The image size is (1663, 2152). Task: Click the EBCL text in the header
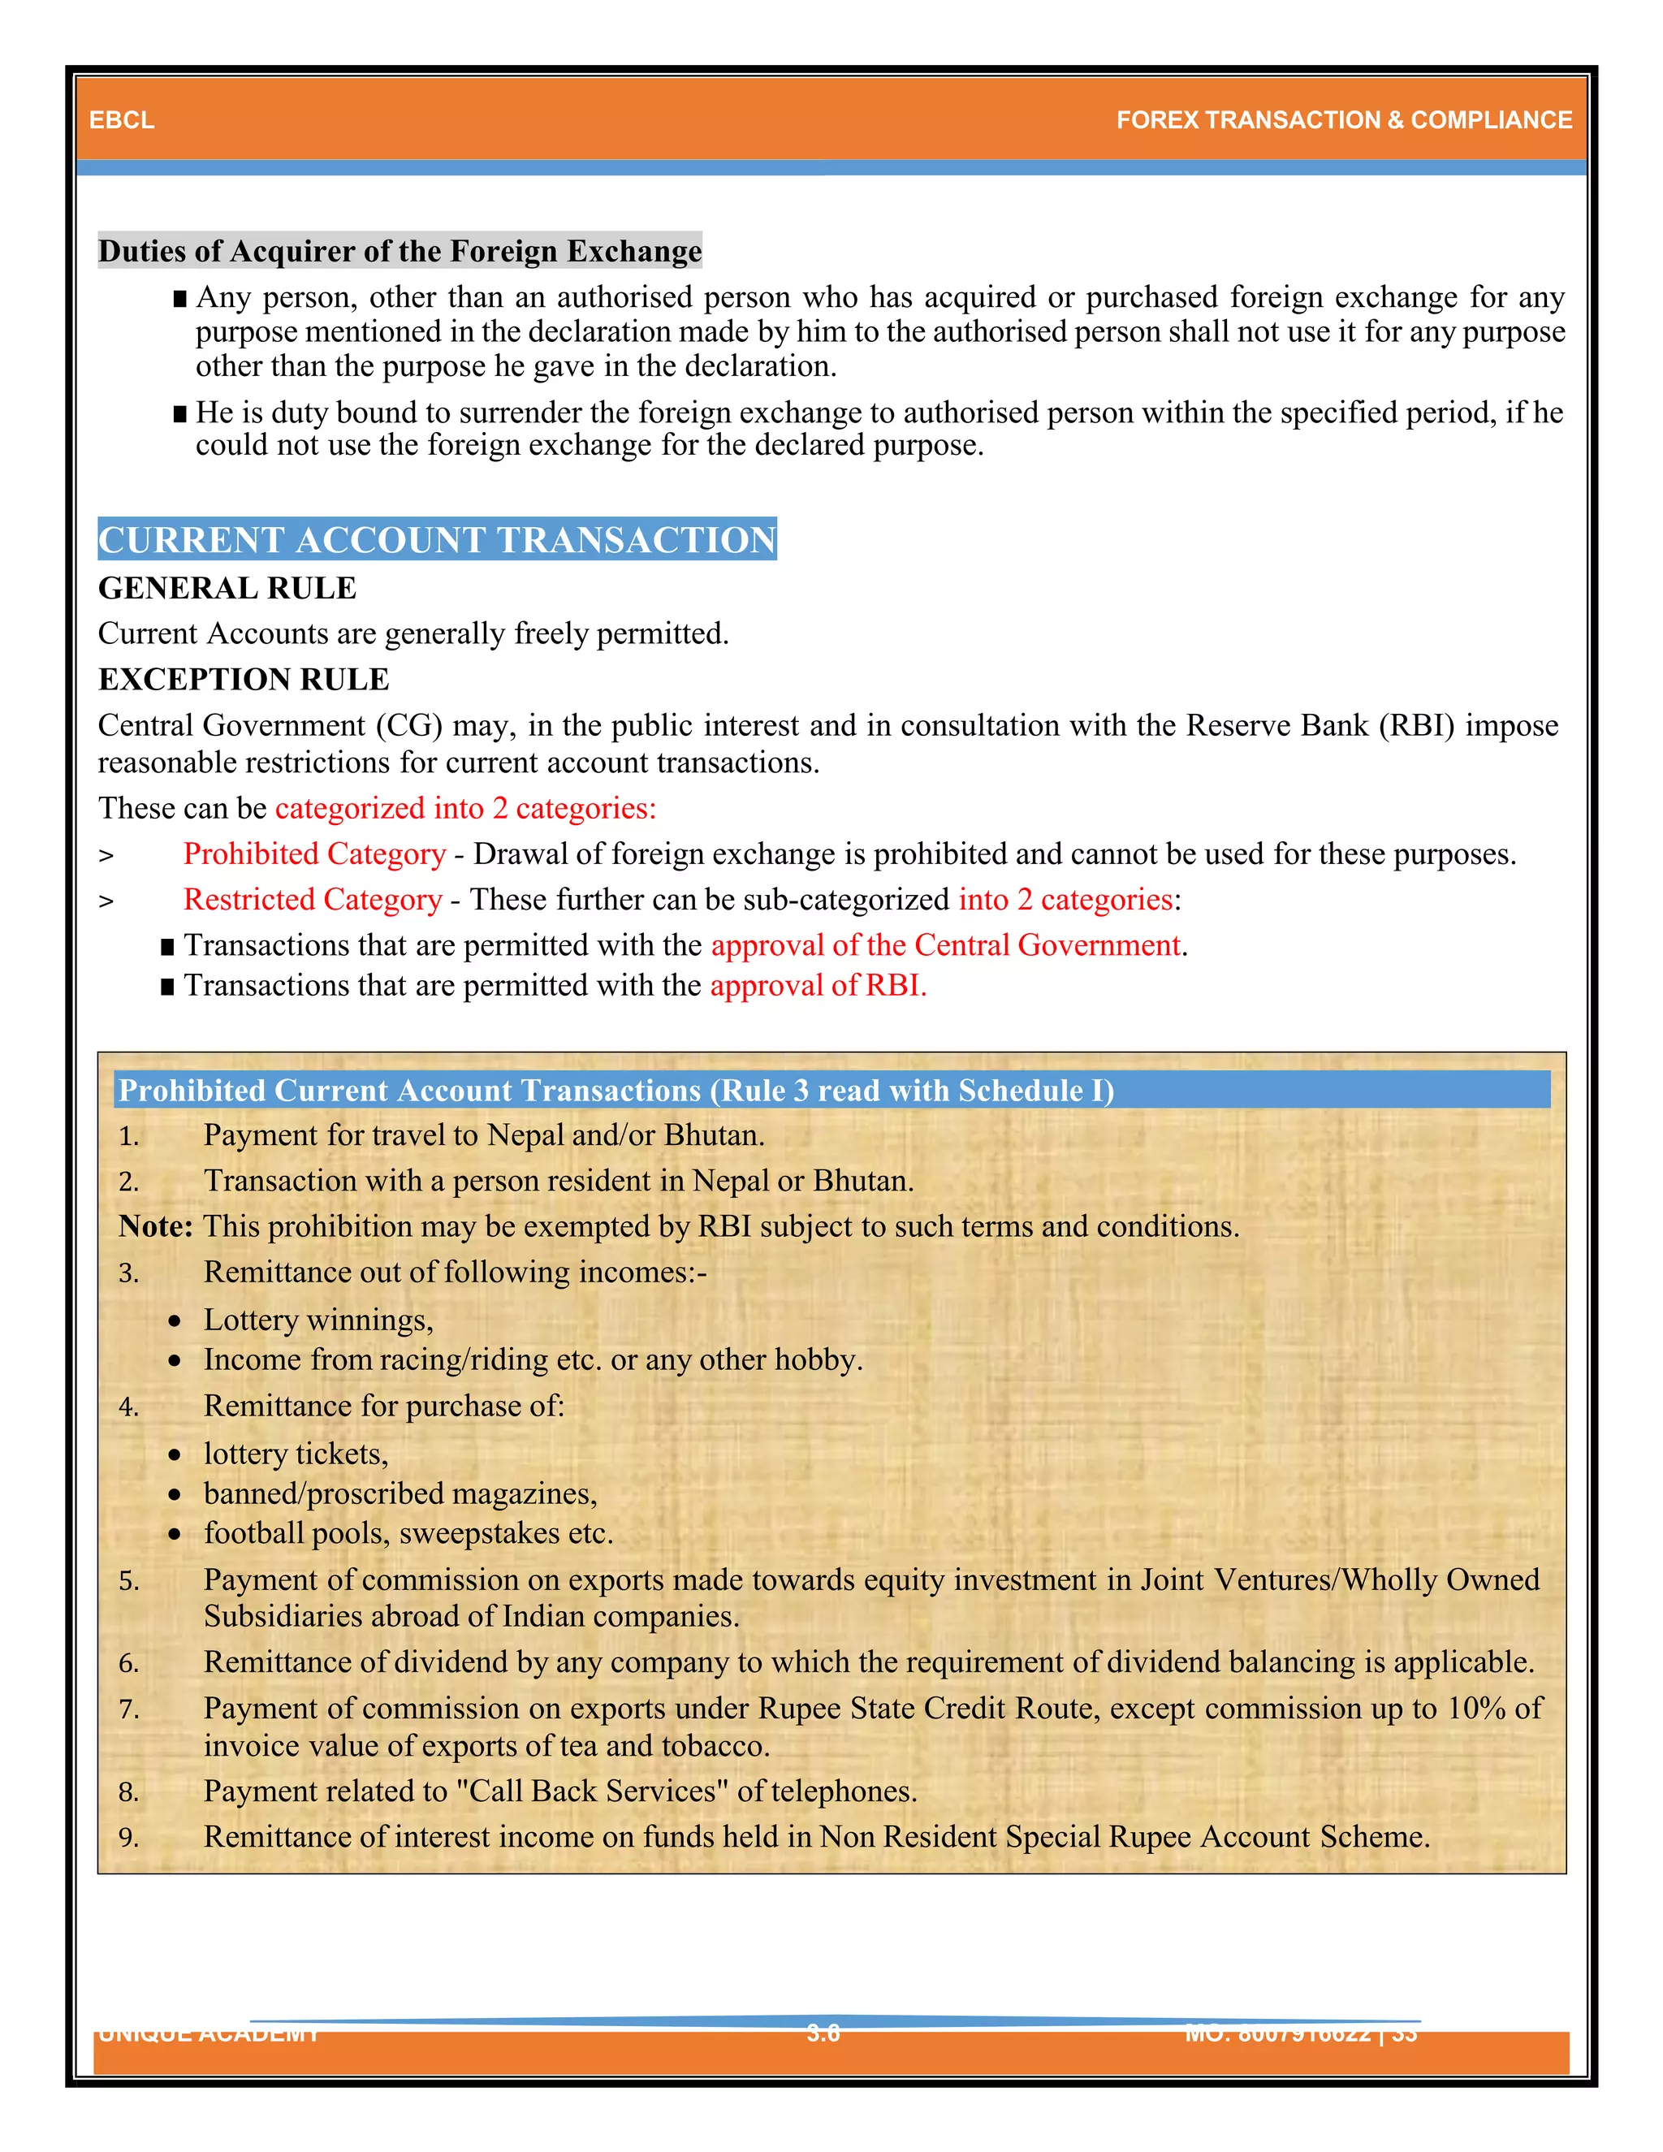coord(121,120)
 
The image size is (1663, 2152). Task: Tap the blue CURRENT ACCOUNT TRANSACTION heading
coord(438,540)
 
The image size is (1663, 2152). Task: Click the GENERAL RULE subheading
coord(227,588)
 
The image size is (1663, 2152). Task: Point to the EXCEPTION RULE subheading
coord(244,680)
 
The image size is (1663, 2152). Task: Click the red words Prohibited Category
coord(314,854)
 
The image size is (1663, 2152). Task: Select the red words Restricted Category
coord(313,900)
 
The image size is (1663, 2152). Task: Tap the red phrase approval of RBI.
coord(818,985)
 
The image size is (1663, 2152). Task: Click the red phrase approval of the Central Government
coord(946,946)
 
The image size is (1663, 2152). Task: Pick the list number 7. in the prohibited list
coord(129,1709)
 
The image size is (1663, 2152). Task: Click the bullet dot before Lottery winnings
coord(175,1321)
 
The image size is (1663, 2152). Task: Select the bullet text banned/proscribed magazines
coord(400,1493)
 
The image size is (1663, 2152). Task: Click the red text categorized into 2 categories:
coord(465,809)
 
